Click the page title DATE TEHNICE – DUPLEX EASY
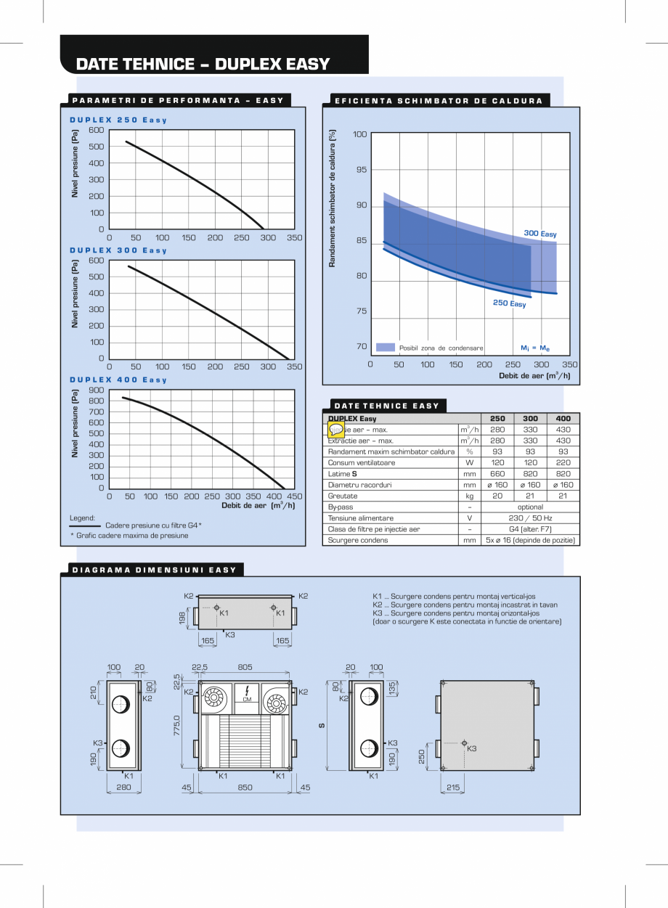(203, 64)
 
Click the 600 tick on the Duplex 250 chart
(97, 130)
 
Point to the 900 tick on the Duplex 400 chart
(97, 390)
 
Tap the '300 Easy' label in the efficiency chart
(540, 234)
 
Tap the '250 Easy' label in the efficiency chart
(509, 303)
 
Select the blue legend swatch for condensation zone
(386, 348)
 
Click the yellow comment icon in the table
(336, 430)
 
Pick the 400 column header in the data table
(563, 419)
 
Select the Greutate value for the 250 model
(497, 496)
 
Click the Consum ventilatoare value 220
(563, 462)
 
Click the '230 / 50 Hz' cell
(530, 518)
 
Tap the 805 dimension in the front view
(245, 667)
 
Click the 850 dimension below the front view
(245, 788)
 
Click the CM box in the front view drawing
(247, 699)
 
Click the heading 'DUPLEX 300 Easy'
(118, 250)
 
